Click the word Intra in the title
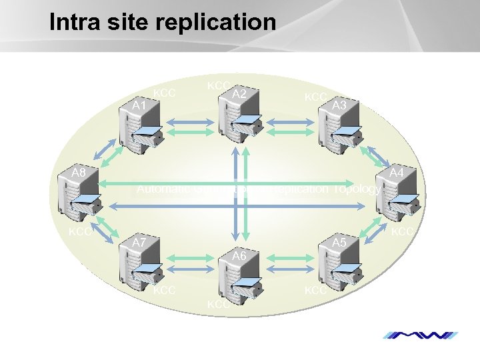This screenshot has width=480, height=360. click(x=74, y=22)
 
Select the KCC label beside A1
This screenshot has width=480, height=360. click(x=165, y=93)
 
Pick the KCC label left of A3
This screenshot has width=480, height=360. click(x=315, y=97)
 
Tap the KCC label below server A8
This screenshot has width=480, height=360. click(x=80, y=232)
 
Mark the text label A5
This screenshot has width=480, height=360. click(x=339, y=243)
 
